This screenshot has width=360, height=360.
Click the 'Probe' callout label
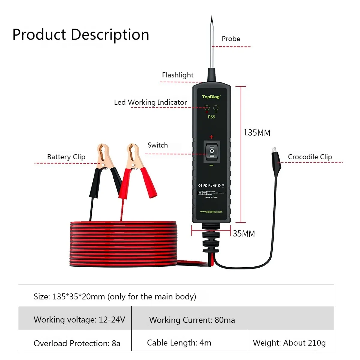[231, 39]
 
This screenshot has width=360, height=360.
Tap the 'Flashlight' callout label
[178, 75]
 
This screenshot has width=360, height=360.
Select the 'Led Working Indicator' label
[150, 102]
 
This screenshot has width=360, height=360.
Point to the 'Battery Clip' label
[66, 157]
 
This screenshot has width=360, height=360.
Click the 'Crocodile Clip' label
[310, 157]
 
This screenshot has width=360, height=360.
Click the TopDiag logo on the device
[211, 97]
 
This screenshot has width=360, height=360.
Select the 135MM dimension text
[256, 133]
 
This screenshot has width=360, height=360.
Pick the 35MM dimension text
[244, 234]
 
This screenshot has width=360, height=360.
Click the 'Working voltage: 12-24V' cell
[79, 319]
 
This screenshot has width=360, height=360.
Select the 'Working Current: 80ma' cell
[192, 320]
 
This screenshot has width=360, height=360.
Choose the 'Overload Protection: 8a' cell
[77, 343]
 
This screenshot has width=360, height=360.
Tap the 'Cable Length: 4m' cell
[179, 343]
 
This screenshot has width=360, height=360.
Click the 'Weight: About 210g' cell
[289, 343]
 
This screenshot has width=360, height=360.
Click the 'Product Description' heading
[81, 34]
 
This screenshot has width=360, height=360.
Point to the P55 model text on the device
[211, 117]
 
